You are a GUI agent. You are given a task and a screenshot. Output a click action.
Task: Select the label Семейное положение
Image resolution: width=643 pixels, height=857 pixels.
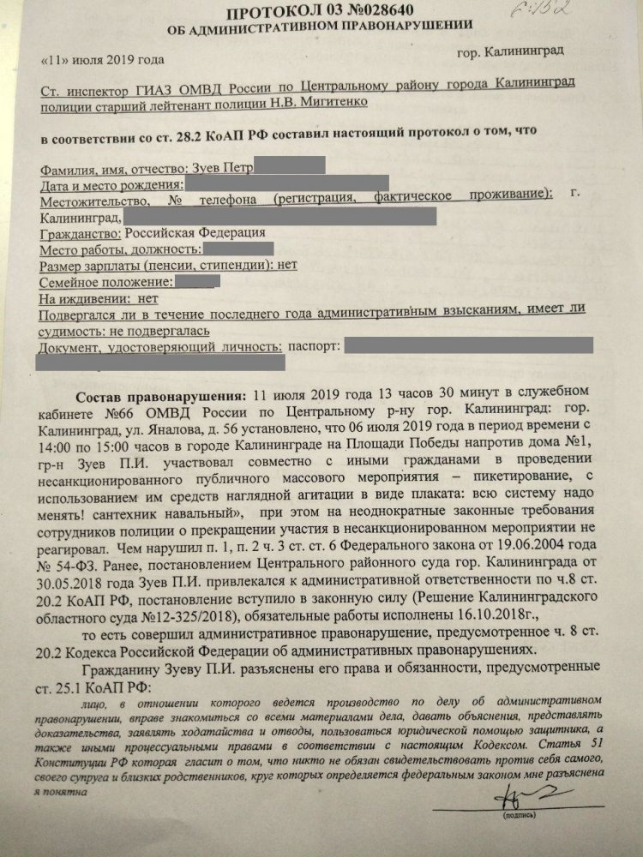tap(105, 281)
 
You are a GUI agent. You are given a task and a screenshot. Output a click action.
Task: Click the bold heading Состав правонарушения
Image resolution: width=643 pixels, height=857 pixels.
tap(159, 397)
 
